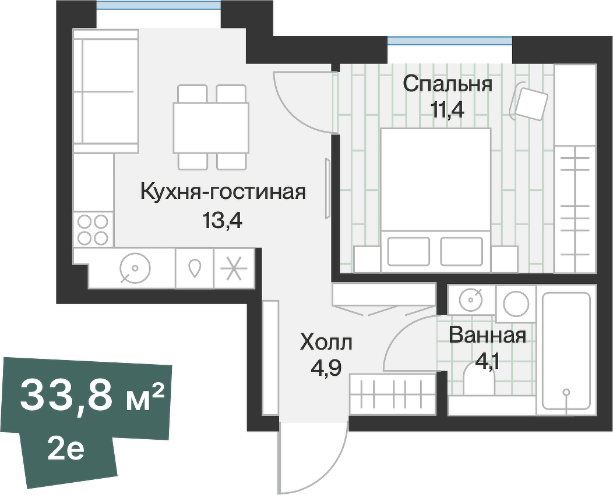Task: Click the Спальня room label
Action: click(448, 84)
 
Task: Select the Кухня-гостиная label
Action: click(223, 191)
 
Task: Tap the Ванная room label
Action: click(488, 336)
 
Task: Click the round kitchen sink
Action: click(135, 268)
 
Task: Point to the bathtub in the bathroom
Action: click(566, 350)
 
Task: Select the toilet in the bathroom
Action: click(479, 381)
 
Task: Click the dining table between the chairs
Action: click(211, 127)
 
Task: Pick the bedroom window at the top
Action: click(450, 41)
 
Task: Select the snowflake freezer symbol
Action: click(234, 268)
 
